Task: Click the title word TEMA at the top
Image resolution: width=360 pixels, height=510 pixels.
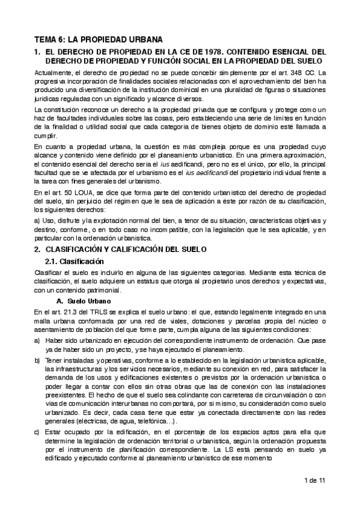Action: click(x=46, y=39)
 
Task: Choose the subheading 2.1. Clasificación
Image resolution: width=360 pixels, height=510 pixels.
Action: click(x=75, y=262)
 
